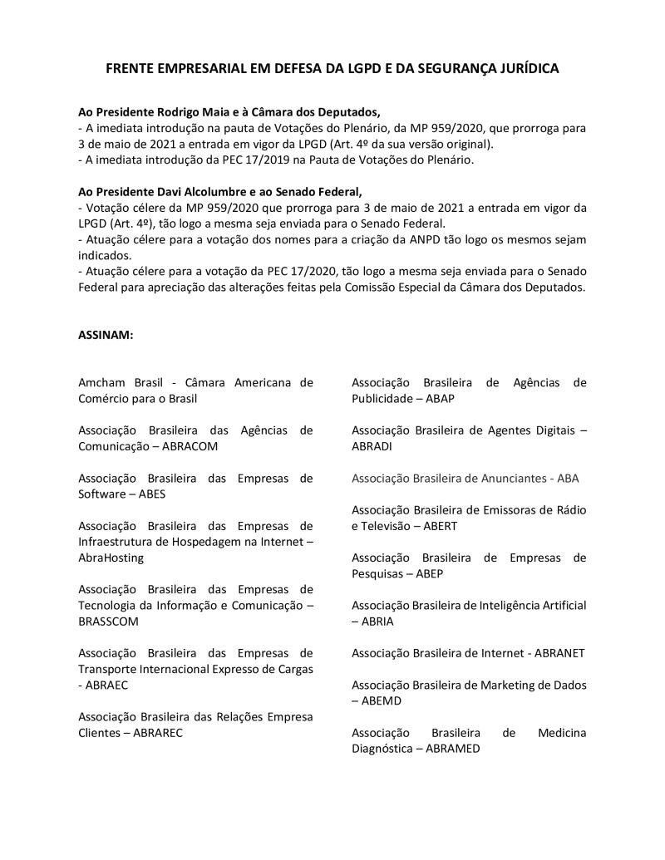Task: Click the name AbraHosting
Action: click(x=111, y=557)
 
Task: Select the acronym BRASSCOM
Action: click(x=108, y=621)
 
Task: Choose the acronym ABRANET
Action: click(x=559, y=652)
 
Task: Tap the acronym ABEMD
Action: click(x=382, y=700)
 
